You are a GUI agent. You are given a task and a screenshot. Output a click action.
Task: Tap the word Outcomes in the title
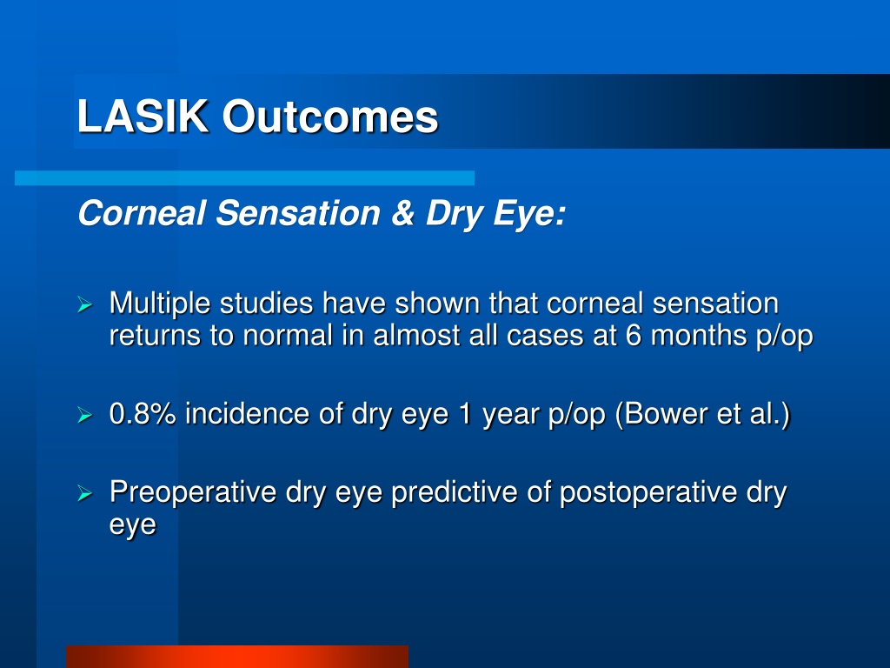pyautogui.click(x=329, y=117)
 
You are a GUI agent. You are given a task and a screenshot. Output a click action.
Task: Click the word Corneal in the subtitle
pyautogui.click(x=142, y=213)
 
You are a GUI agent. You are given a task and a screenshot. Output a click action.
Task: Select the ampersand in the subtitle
pyautogui.click(x=402, y=213)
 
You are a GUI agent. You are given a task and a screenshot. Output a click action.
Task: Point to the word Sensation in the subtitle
pyautogui.click(x=298, y=213)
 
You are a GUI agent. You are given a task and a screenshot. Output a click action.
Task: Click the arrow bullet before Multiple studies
pyautogui.click(x=84, y=304)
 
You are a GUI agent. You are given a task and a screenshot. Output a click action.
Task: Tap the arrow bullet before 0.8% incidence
pyautogui.click(x=84, y=415)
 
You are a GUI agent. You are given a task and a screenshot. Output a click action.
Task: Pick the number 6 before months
pyautogui.click(x=633, y=335)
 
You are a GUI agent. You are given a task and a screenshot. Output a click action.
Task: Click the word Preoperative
pyautogui.click(x=192, y=492)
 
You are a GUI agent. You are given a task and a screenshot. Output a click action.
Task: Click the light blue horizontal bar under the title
pyautogui.click(x=244, y=177)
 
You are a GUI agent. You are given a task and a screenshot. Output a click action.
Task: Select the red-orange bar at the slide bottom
pyautogui.click(x=237, y=657)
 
